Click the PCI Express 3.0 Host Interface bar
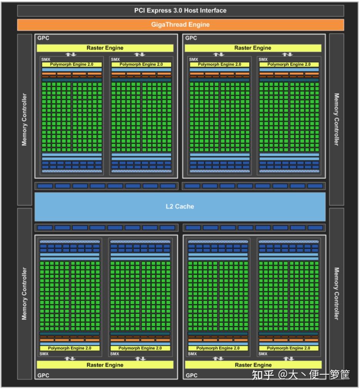(180, 10)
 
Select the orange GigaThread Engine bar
(180, 25)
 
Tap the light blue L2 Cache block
(180, 207)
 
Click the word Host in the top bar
(191, 10)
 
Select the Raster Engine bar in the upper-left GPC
(105, 48)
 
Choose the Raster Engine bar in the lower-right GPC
(253, 365)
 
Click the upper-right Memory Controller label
(336, 119)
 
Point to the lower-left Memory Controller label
(24, 293)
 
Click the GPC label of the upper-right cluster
(191, 38)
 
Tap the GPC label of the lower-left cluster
(43, 375)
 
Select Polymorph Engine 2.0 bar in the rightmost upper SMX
(289, 64)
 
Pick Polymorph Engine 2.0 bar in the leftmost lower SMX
(70, 348)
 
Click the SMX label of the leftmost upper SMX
(46, 59)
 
